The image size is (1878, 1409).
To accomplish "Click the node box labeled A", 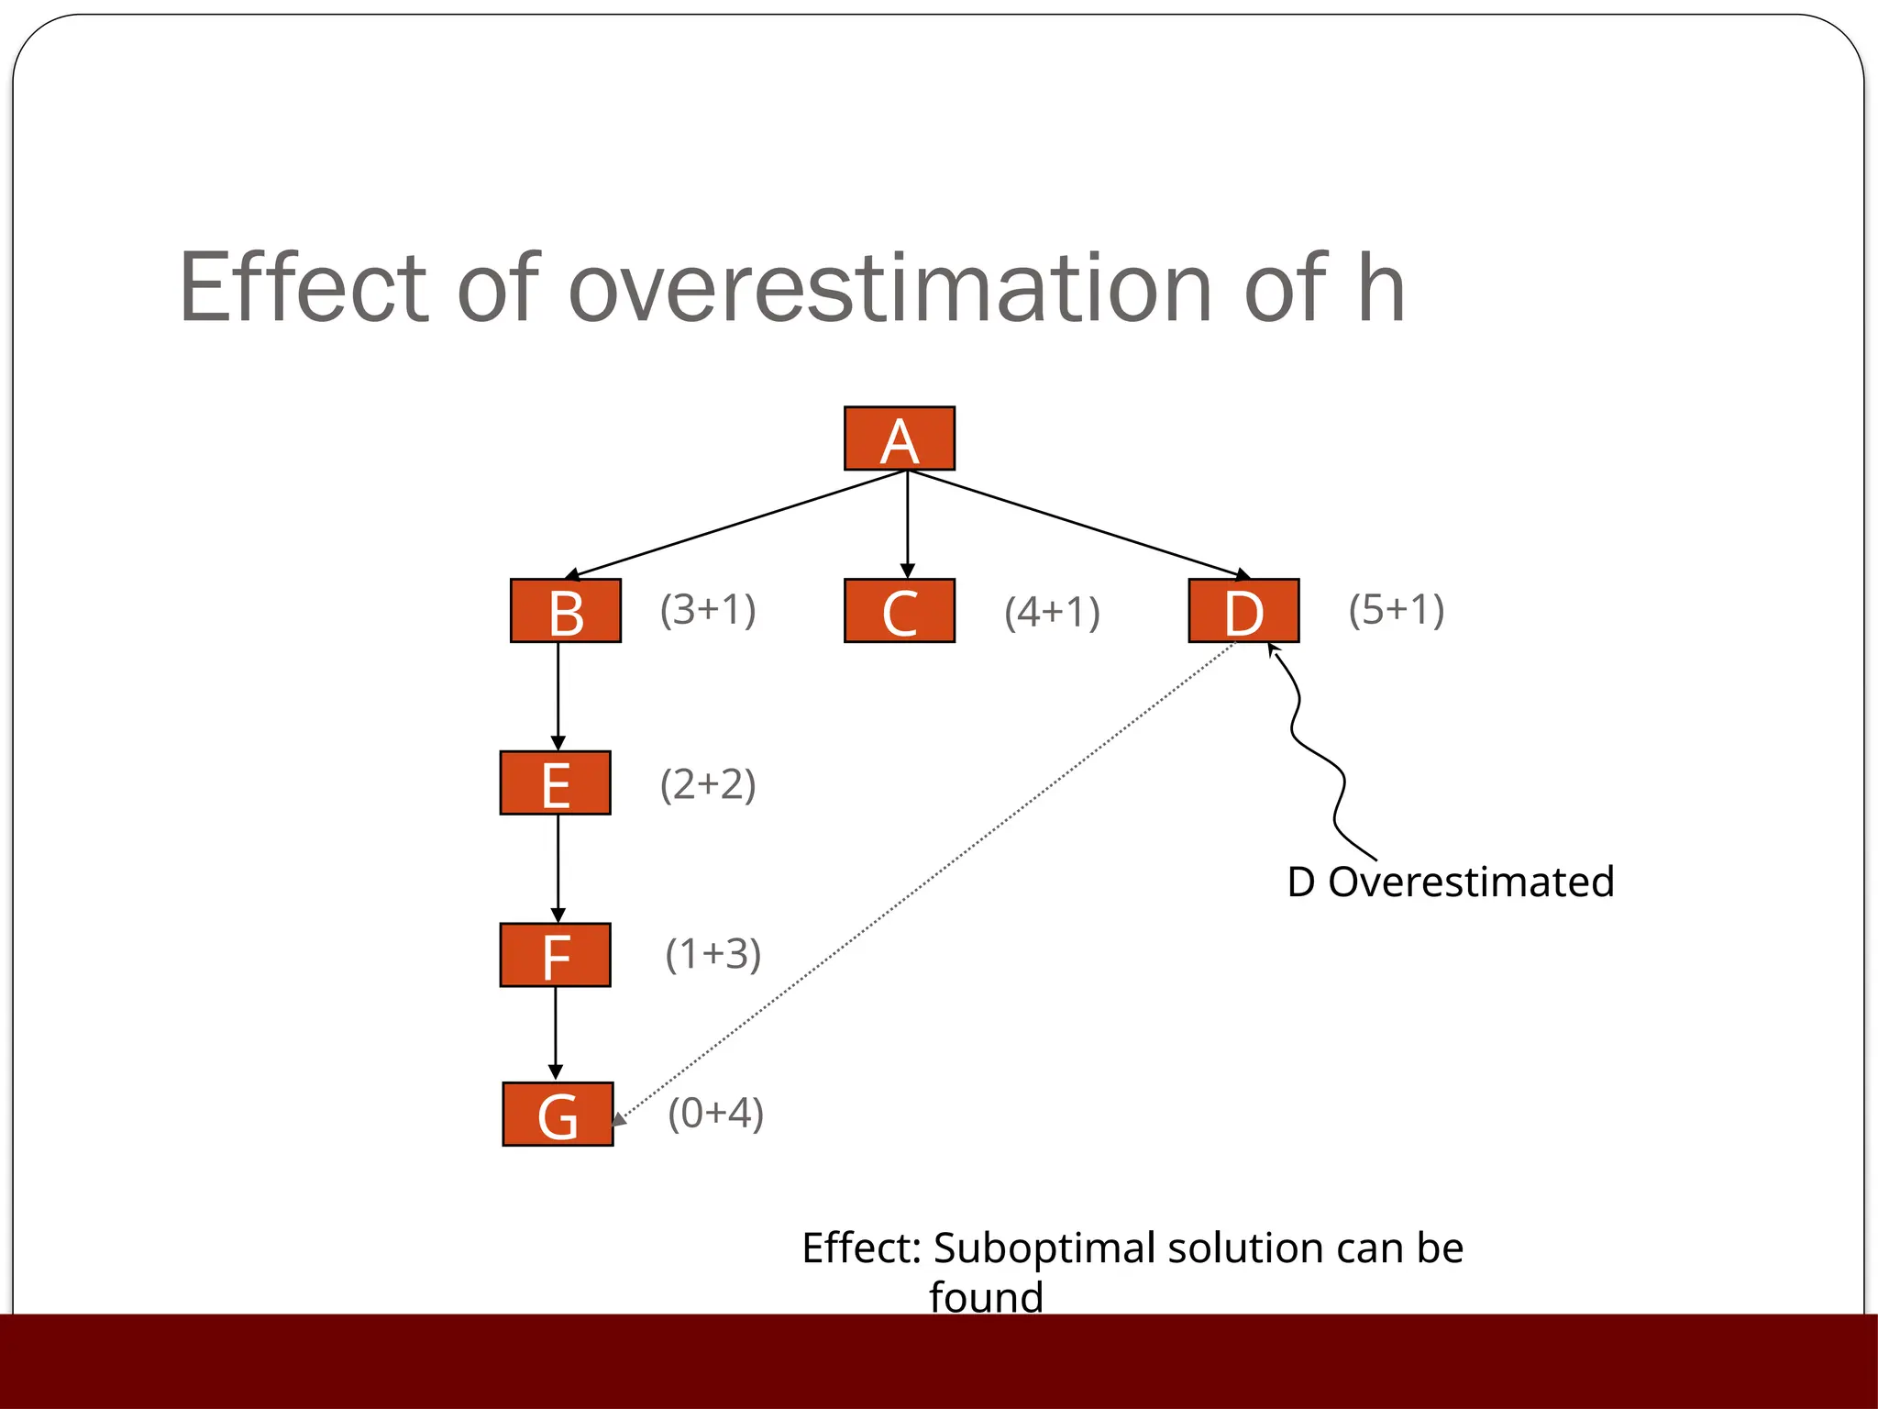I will (x=899, y=438).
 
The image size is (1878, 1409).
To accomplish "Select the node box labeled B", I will (x=565, y=610).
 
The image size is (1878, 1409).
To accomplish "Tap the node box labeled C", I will (x=899, y=610).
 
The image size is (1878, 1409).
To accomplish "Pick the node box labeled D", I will (x=1243, y=610).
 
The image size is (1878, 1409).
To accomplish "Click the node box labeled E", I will (x=555, y=782).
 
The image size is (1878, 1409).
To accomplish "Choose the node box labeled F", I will (x=555, y=955).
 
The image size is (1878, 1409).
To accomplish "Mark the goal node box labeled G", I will (x=558, y=1114).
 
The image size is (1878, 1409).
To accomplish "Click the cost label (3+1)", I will (x=708, y=610).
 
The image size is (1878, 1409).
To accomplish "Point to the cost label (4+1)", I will (x=1052, y=613).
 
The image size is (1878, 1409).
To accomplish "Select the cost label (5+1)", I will (x=1396, y=610).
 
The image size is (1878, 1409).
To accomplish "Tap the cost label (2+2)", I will (x=708, y=784).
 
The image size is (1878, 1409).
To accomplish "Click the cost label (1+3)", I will (x=713, y=955).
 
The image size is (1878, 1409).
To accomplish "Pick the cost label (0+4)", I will (x=715, y=1114).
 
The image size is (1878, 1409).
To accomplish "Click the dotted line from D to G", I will (x=926, y=882).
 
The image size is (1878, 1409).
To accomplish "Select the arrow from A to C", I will (x=907, y=523).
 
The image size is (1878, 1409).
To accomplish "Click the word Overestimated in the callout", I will (x=1471, y=882).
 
